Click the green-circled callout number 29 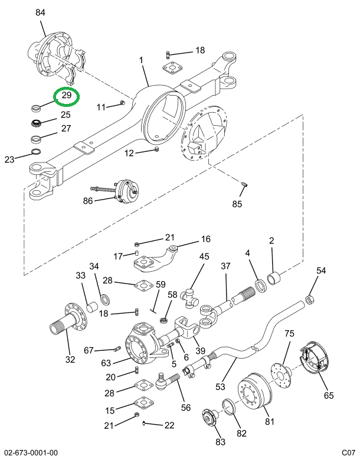click(67, 96)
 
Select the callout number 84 click(40, 12)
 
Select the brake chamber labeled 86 click(126, 192)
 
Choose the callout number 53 click(220, 387)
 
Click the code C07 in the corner click(348, 453)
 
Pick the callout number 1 click(142, 60)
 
